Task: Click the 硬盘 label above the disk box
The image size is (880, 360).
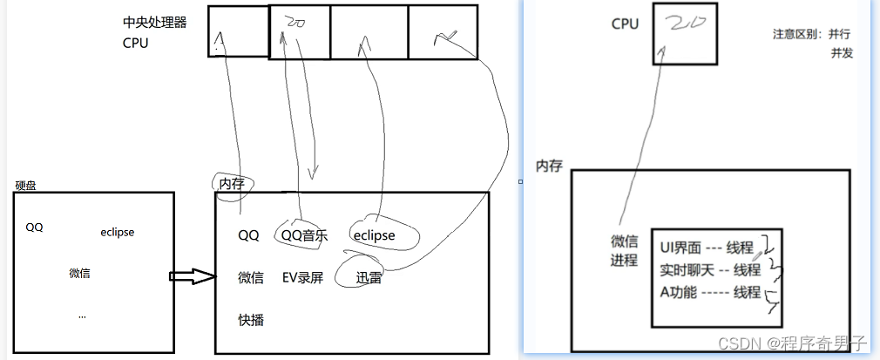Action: click(26, 186)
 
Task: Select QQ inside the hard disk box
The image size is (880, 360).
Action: click(34, 228)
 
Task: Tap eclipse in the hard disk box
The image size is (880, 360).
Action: click(118, 232)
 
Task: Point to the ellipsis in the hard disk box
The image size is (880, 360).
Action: click(82, 316)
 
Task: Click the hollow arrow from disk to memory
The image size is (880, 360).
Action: click(191, 276)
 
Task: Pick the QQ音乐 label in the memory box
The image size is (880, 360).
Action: click(304, 235)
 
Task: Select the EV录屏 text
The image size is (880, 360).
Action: click(302, 278)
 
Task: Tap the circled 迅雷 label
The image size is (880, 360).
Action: click(369, 278)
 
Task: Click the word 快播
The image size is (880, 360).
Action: click(250, 320)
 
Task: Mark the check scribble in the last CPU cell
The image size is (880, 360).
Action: click(446, 35)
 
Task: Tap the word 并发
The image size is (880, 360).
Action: click(842, 53)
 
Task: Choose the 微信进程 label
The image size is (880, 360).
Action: click(625, 250)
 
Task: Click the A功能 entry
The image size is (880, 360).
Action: click(680, 292)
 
